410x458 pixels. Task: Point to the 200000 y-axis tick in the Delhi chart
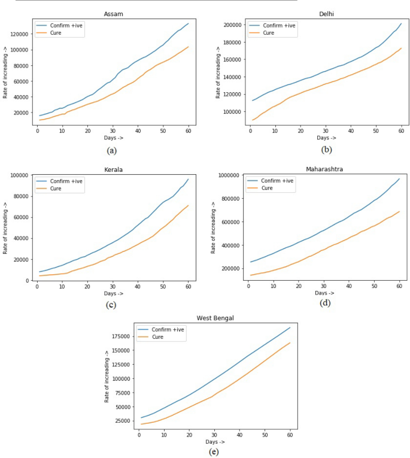tap(230, 25)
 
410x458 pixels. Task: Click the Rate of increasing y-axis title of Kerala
tap(5, 228)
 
